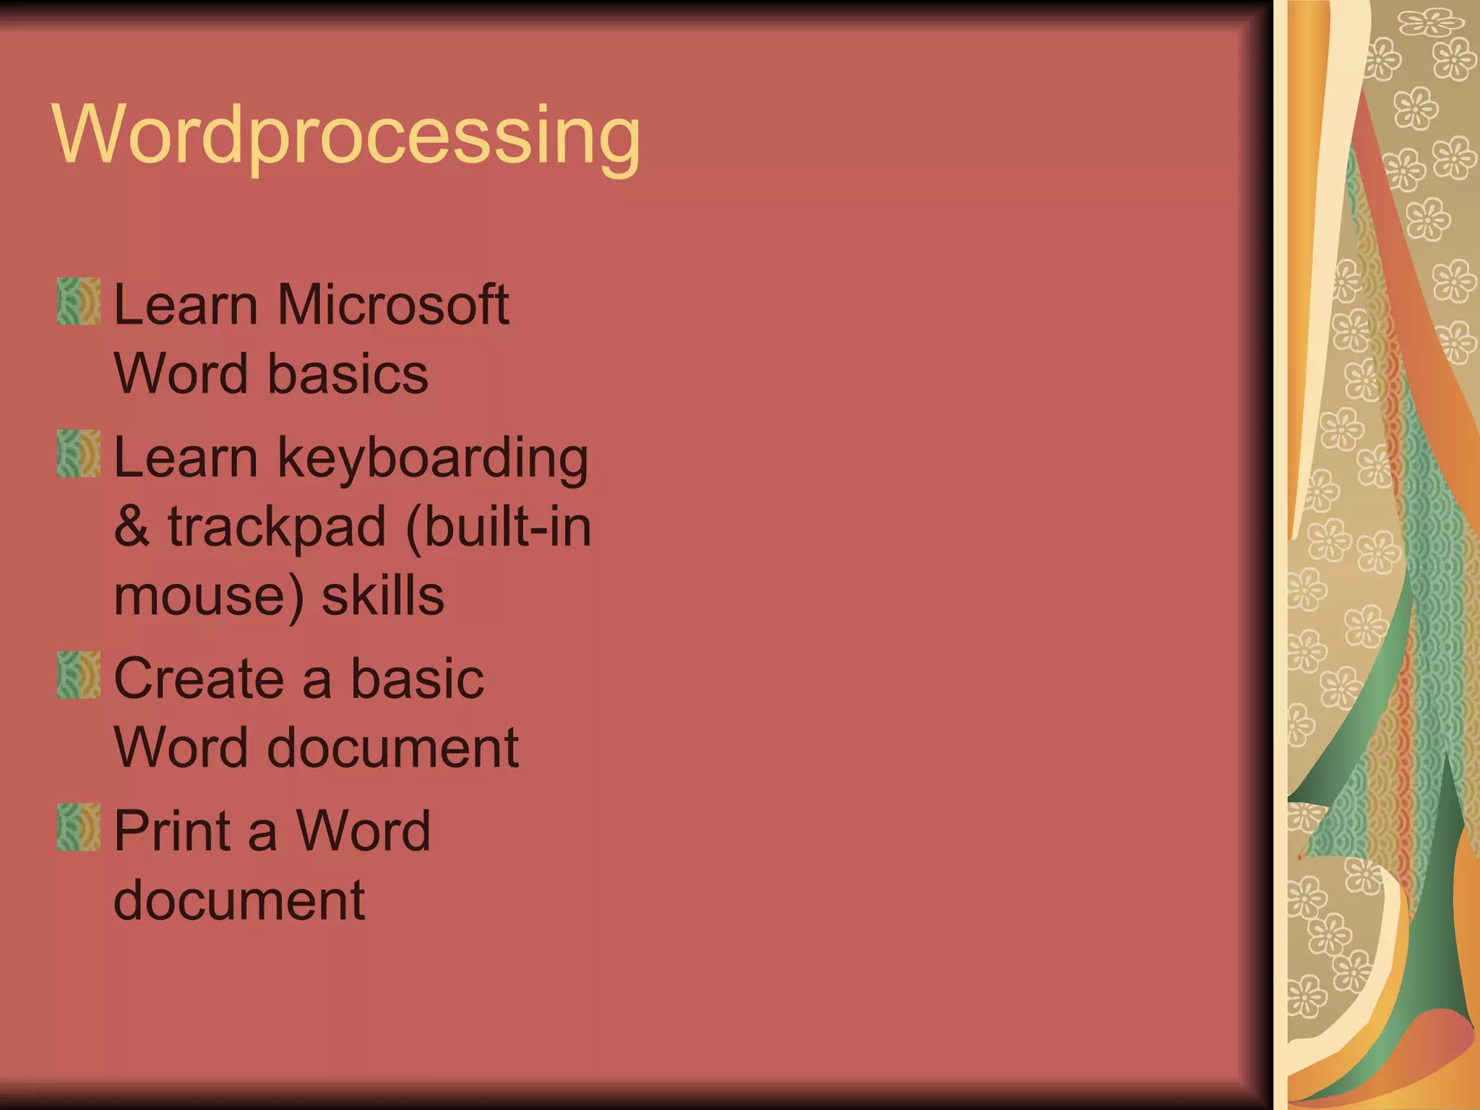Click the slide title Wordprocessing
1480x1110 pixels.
click(347, 136)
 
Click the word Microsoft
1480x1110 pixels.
click(393, 304)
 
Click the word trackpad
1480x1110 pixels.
click(277, 527)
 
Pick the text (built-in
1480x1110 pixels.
click(499, 527)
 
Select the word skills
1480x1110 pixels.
click(382, 597)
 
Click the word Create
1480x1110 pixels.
click(199, 679)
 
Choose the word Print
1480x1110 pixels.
click(172, 831)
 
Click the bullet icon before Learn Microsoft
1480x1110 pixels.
click(78, 301)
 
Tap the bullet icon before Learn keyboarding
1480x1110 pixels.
click(78, 454)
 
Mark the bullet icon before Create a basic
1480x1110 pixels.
click(78, 675)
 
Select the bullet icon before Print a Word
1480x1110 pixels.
click(78, 827)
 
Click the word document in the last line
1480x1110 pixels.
click(239, 900)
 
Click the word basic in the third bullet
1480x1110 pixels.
click(417, 679)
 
